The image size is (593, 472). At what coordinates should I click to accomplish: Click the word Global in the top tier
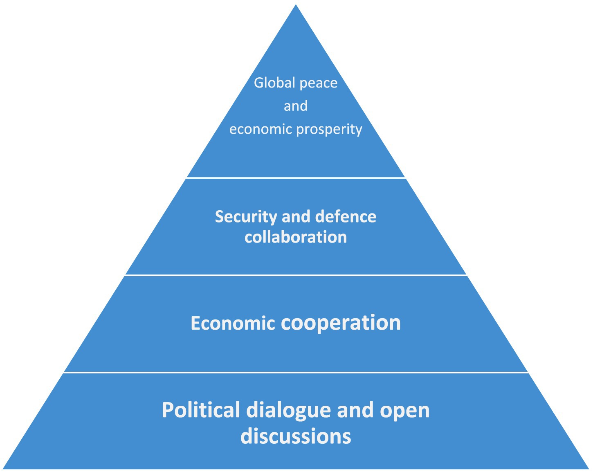tap(272, 83)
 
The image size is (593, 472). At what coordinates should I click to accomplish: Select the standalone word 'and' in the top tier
tap(296, 106)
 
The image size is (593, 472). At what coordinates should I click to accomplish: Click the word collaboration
tap(296, 237)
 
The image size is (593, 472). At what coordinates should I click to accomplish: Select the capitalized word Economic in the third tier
tap(233, 323)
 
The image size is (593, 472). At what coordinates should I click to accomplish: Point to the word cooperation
tap(341, 323)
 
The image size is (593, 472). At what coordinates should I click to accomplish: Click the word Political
tap(201, 410)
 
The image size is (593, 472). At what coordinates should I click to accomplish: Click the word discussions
tap(296, 436)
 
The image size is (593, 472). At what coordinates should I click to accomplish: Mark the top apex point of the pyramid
tap(296, 5)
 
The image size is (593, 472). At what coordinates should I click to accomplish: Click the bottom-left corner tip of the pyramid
tap(4, 468)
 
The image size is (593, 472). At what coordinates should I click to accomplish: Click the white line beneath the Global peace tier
tap(296, 178)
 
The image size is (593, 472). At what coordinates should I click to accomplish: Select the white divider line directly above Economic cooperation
tap(296, 275)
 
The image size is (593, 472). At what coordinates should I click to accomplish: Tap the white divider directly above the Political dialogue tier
tap(296, 373)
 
